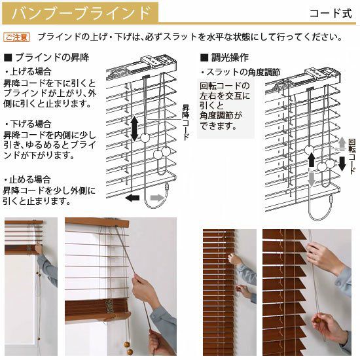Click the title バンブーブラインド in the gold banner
coord(81,13)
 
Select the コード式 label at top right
coord(331,13)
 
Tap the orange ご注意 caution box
coord(16,37)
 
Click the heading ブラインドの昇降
coord(46,58)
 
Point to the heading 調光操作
coord(225,58)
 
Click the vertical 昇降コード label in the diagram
coord(185,122)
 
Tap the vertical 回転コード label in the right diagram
coord(352,156)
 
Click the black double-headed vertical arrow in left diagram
coord(134,128)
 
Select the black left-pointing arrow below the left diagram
coord(132,198)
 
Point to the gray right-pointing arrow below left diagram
coord(158,198)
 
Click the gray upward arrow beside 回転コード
coord(342,143)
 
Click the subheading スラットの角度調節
coord(241,72)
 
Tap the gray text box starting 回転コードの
coord(226,109)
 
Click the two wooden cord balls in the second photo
coord(128,348)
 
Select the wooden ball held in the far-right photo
coord(317,320)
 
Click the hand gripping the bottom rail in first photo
coord(39,249)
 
